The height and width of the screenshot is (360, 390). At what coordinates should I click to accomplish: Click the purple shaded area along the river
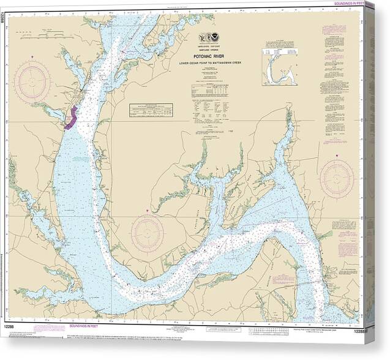(70, 118)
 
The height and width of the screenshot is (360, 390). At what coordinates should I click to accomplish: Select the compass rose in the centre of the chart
(147, 233)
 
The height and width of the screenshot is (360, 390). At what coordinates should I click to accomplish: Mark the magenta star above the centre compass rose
(147, 211)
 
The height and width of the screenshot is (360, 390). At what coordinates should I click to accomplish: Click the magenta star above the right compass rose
(337, 156)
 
